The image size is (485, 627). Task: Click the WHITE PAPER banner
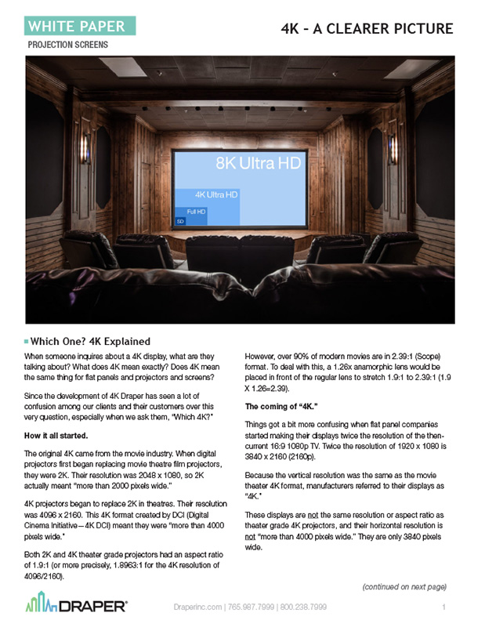77,26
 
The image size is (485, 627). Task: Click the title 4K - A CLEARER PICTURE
367,29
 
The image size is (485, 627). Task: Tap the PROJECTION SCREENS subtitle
67,45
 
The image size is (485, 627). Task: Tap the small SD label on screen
181,222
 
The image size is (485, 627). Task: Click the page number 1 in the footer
443,607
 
